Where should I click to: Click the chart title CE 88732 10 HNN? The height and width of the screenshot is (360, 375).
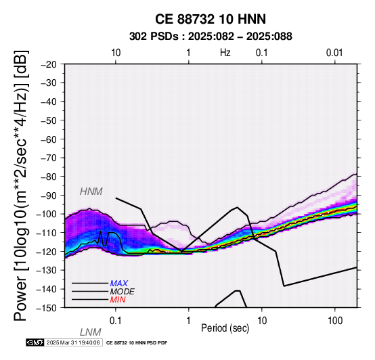click(211, 19)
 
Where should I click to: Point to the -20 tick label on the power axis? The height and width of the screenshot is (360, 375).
click(49, 64)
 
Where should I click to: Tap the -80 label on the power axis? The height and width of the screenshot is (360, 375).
click(49, 177)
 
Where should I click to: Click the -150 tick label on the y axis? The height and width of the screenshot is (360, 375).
click(47, 307)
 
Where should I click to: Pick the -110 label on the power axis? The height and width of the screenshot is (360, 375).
click(47, 233)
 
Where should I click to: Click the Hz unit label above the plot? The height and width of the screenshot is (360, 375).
click(225, 53)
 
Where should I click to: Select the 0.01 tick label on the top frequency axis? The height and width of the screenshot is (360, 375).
click(334, 53)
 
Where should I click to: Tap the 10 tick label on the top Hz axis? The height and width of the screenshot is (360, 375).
click(116, 53)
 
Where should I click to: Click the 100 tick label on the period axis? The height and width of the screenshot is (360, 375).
click(335, 321)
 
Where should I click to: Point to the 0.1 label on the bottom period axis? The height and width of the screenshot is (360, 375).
click(116, 321)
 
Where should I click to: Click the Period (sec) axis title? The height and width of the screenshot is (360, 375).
click(225, 328)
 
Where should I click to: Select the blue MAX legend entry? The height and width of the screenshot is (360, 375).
click(119, 284)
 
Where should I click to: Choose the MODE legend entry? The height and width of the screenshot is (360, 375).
click(123, 292)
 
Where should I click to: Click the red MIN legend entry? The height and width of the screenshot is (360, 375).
click(118, 300)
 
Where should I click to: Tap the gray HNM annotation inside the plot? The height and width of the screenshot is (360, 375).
click(91, 192)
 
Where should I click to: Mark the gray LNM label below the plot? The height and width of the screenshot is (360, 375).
click(91, 332)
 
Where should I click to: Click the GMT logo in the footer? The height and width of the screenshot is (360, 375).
click(35, 342)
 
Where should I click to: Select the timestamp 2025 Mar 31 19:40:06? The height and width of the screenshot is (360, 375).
click(73, 342)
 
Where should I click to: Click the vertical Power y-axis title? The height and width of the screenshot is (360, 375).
click(21, 185)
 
